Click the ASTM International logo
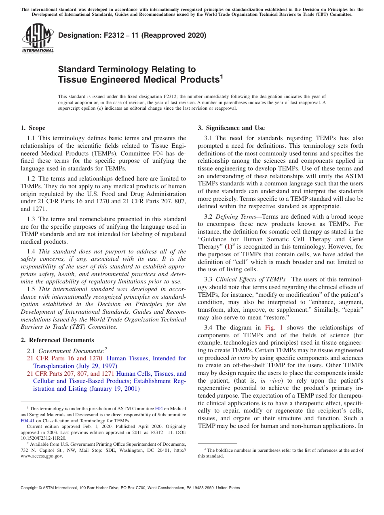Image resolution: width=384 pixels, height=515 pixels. tap(38, 39)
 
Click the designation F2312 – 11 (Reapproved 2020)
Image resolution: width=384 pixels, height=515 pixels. tap(132, 35)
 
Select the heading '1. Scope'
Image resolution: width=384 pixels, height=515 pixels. tap(33, 128)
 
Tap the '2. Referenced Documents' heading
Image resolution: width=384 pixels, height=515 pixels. tap(57, 340)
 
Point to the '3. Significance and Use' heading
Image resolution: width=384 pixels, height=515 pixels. tap(231, 128)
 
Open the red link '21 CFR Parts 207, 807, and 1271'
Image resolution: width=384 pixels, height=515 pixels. tap(70, 374)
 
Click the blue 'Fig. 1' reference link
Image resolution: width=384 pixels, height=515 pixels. tap(274, 328)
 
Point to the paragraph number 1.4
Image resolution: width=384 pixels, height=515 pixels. tap(32, 251)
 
